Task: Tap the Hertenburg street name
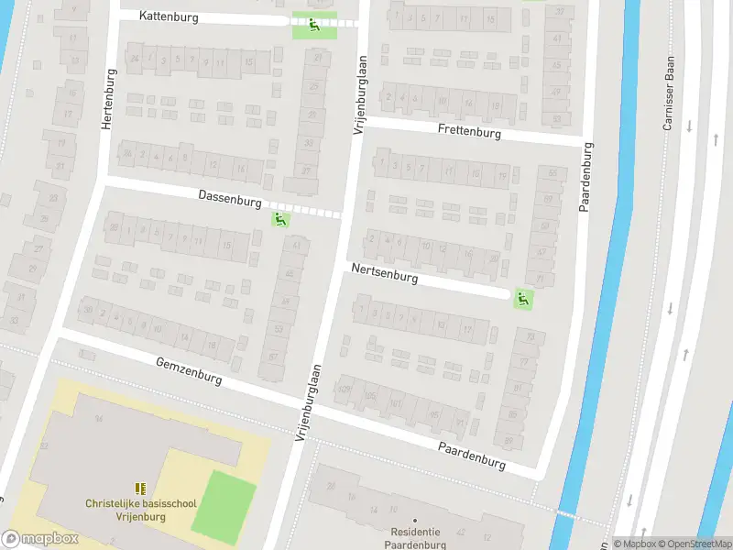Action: tap(107, 99)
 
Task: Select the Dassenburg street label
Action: tap(230, 199)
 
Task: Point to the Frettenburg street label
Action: tap(469, 132)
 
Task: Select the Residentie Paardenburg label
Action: tap(415, 538)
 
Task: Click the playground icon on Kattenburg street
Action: tap(314, 25)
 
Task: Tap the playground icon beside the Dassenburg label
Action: tap(279, 220)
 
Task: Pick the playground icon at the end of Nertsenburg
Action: tap(522, 298)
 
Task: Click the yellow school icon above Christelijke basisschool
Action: tap(139, 489)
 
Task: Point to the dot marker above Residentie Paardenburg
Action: tap(415, 521)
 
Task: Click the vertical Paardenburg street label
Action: tap(585, 177)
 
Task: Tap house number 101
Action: tap(397, 401)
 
